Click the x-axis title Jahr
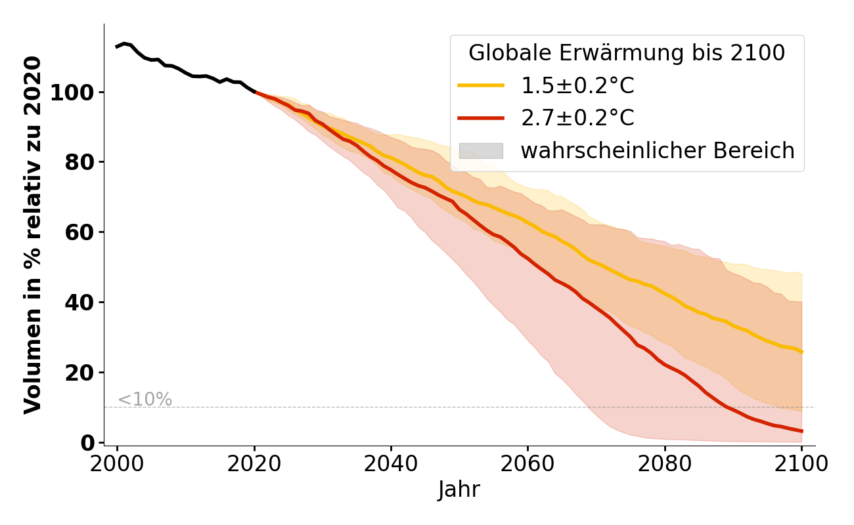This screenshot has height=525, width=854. (459, 490)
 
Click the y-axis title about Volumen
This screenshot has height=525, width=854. (33, 235)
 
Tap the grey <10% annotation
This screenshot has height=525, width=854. (145, 400)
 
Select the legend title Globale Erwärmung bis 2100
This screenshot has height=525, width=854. (627, 53)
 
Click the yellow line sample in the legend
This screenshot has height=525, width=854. (481, 85)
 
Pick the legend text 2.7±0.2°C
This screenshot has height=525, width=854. (577, 118)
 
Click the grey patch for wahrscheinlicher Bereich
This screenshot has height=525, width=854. (481, 151)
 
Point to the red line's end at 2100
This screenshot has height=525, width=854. (801, 431)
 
